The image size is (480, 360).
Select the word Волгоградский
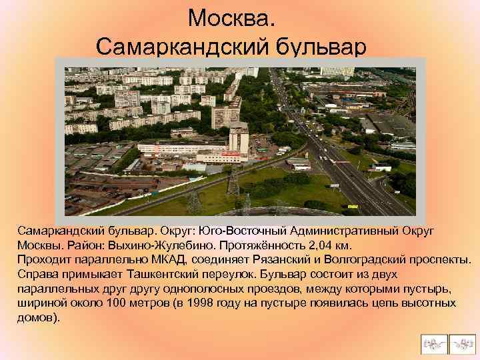(x=366, y=259)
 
